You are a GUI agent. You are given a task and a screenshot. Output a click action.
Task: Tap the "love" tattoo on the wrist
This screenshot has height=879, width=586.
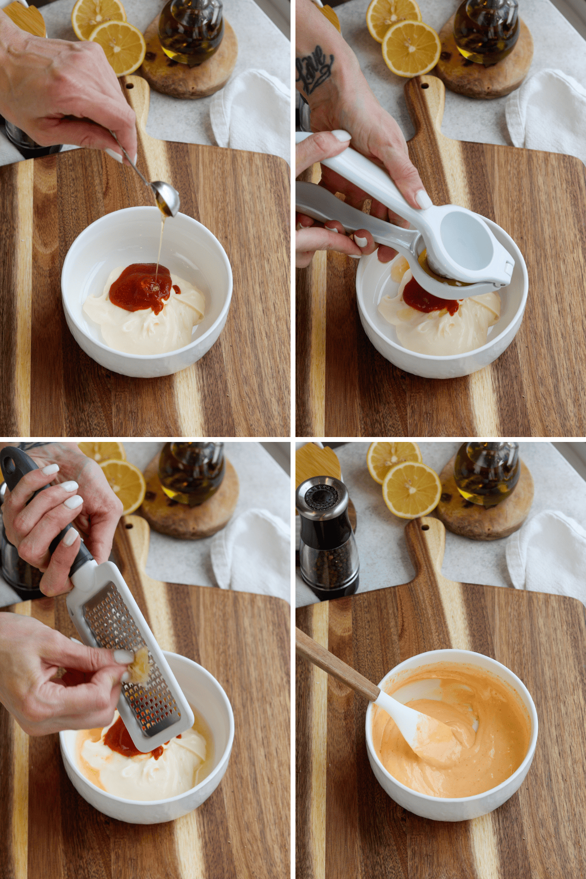(315, 68)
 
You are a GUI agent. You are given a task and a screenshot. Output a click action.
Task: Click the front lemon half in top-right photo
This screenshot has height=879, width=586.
(411, 48)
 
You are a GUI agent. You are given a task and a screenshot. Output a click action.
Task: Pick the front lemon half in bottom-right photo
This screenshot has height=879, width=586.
(412, 490)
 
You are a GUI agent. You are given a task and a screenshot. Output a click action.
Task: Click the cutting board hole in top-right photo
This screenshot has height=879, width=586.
(424, 86)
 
